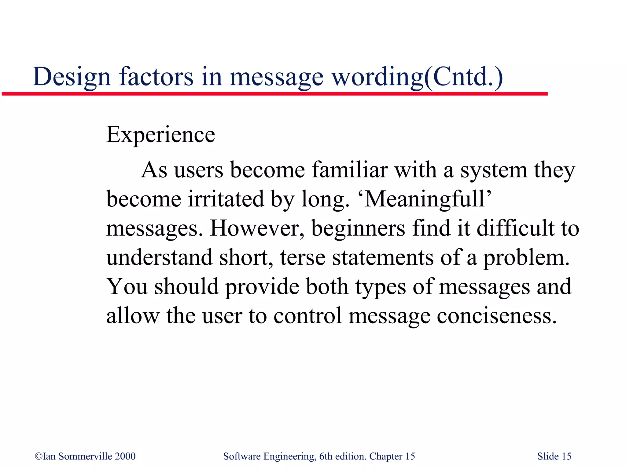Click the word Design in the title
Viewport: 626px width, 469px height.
(x=72, y=77)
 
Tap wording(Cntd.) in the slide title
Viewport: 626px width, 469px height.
(x=417, y=77)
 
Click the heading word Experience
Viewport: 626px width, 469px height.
(x=160, y=135)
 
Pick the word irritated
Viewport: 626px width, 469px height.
(x=226, y=199)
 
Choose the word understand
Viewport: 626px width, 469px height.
(x=159, y=257)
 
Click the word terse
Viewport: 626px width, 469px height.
(x=303, y=257)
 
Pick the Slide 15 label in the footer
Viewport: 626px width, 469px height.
(x=554, y=456)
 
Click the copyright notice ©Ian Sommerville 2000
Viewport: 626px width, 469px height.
(x=85, y=456)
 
